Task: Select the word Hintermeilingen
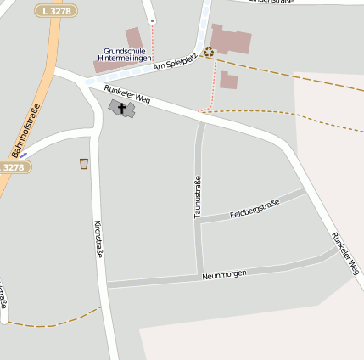point(126,58)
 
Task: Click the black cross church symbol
point(120,109)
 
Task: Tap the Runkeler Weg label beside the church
point(127,93)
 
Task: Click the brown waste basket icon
point(83,163)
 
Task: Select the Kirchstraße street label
point(99,239)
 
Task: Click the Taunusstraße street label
point(197,197)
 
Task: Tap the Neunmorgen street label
point(224,273)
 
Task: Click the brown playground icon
point(208,53)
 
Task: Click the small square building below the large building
point(228,81)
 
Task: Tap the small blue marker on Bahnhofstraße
point(24,154)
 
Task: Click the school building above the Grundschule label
point(133,38)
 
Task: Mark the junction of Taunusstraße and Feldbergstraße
point(199,221)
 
